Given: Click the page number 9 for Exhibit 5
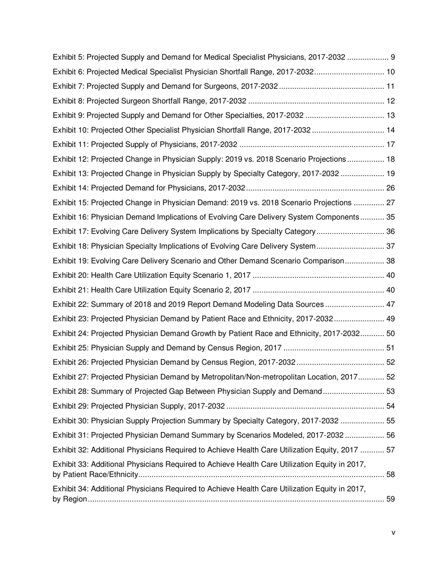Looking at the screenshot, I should point(393,57).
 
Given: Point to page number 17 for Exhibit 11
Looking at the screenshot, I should point(390,145).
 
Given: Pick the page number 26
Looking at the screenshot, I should point(390,188).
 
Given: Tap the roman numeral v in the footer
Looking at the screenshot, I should point(393,532).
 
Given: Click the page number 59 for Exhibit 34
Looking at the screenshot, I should point(390,499).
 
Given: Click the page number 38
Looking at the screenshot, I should point(390,261).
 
